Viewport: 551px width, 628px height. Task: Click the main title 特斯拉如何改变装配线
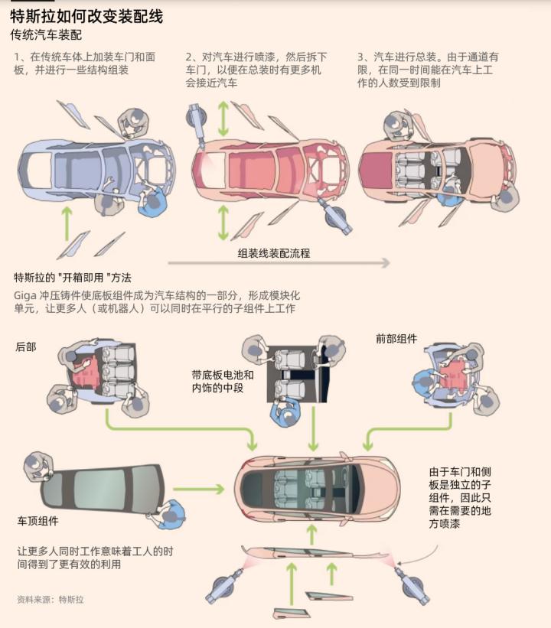tap(86, 16)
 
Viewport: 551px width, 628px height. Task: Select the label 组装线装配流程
tap(274, 253)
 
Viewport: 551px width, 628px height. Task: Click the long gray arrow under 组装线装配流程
tap(279, 263)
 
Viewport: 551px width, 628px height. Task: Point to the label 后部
tap(25, 347)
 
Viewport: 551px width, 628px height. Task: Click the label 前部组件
tap(396, 339)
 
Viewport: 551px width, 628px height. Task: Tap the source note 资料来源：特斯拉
tap(50, 600)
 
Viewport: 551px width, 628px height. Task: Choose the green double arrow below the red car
tap(223, 222)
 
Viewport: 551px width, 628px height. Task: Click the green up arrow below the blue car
tap(67, 223)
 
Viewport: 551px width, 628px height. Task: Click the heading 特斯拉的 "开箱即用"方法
tap(73, 278)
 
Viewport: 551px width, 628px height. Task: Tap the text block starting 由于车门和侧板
tap(461, 498)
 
